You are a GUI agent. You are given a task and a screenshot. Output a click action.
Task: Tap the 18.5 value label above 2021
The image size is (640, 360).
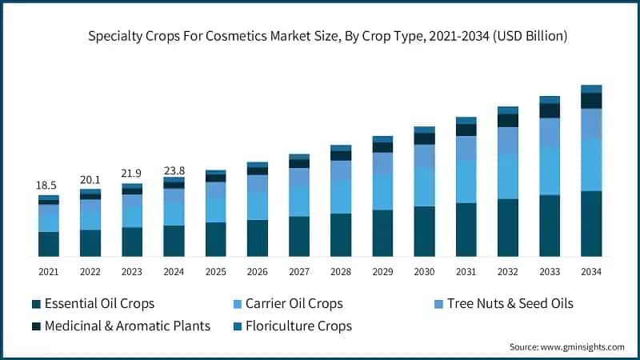pos(48,185)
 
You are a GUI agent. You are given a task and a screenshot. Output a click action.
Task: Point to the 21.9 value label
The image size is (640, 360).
pos(131,173)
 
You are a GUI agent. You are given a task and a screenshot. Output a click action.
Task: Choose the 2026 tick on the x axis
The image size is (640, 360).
pos(257,272)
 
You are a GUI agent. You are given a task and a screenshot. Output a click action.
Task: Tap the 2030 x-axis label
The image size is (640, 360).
pos(424,272)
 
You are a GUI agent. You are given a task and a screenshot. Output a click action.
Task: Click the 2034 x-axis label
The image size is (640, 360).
pos(591,272)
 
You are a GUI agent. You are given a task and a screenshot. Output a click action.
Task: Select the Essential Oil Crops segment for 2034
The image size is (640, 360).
pos(591,223)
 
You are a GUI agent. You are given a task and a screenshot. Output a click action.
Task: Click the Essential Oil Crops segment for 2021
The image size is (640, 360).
pos(48,244)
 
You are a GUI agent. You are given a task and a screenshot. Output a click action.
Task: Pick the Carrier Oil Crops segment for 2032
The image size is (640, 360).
pos(508,176)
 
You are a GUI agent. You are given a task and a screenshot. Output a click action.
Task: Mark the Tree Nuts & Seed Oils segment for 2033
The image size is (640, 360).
pos(550,132)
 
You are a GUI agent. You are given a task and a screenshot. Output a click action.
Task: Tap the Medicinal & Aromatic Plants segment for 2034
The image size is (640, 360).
pos(591,100)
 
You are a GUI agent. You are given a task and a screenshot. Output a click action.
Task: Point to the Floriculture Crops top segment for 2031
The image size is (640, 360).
pos(466,120)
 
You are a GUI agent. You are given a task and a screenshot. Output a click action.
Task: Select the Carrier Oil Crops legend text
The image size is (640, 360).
pos(294,303)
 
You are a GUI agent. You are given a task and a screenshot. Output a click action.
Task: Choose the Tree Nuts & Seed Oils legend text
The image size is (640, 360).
pos(510,303)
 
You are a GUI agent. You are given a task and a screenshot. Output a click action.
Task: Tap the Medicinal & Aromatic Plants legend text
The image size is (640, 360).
pos(127,326)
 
